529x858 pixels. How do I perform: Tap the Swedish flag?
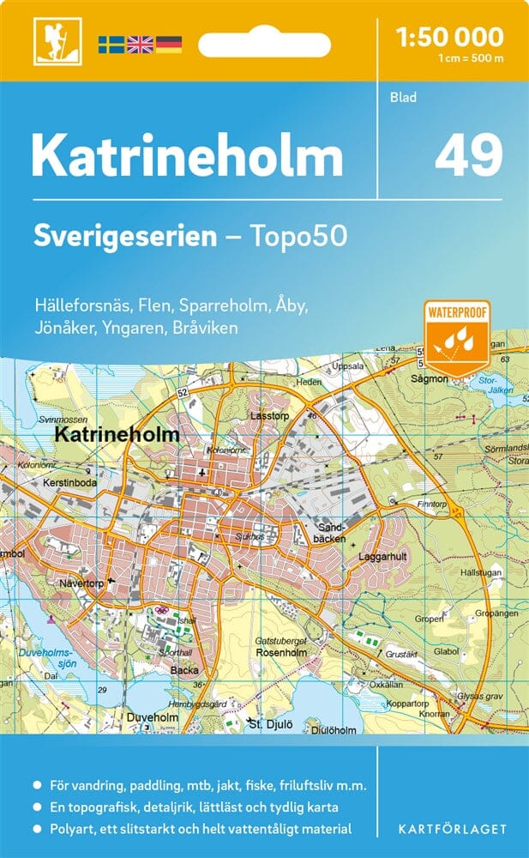(x=111, y=44)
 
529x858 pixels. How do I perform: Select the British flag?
(x=139, y=44)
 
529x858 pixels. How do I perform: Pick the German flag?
(x=168, y=44)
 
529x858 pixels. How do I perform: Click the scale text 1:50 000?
(x=449, y=37)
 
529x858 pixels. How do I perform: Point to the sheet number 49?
(x=468, y=155)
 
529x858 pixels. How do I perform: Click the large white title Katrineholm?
(x=188, y=157)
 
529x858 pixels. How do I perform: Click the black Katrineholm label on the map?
(x=117, y=435)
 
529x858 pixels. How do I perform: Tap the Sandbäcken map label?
(x=331, y=533)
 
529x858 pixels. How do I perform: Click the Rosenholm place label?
(x=276, y=652)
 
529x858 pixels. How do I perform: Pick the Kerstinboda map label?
(x=73, y=484)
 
